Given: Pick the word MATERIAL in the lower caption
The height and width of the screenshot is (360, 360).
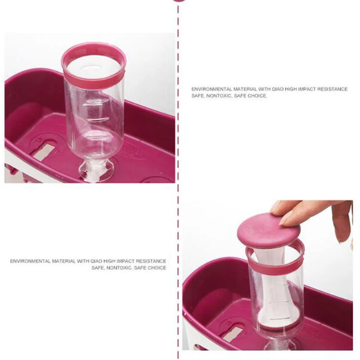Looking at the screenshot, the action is [x=63, y=261].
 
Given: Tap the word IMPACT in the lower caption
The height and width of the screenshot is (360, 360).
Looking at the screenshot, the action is [x=125, y=261].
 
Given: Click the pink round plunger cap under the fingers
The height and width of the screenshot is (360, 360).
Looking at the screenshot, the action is [x=267, y=231].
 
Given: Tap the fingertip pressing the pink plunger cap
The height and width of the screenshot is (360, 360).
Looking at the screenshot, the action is [x=286, y=220].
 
